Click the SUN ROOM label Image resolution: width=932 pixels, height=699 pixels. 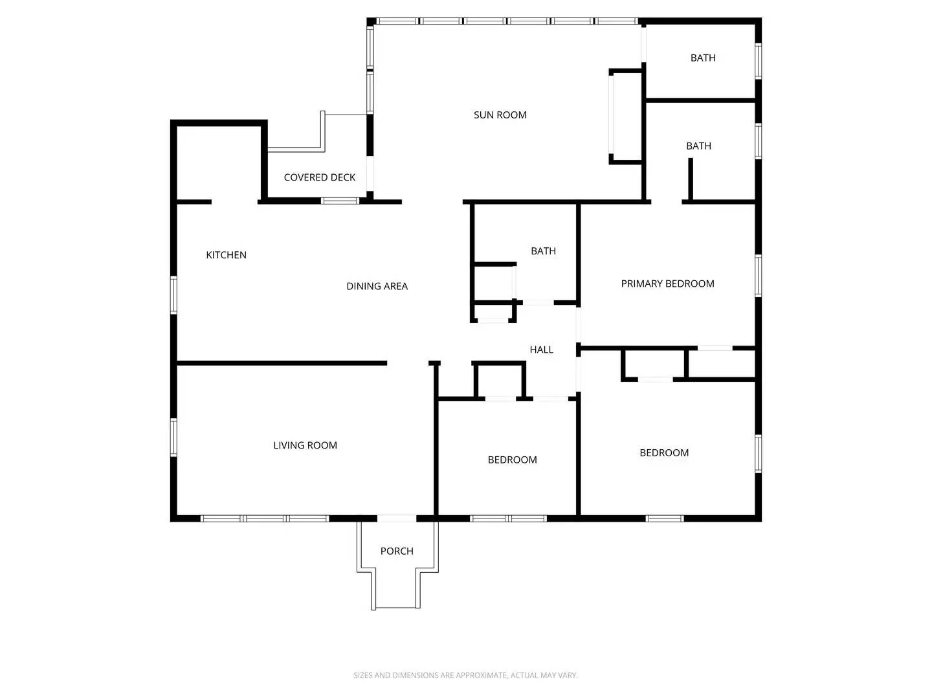tap(500, 115)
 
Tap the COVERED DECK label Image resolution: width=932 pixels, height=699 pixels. tap(319, 177)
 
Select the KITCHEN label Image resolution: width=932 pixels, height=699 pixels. tap(226, 255)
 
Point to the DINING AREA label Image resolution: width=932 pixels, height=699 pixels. tap(377, 286)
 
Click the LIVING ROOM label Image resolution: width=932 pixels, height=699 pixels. tap(305, 445)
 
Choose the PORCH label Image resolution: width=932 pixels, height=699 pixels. tap(397, 551)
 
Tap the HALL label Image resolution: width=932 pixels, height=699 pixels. tap(541, 349)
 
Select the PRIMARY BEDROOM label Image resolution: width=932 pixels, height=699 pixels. tap(667, 283)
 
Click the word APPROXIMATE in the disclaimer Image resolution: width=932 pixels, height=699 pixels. tap(480, 675)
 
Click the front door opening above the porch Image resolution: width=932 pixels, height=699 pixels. tap(397, 518)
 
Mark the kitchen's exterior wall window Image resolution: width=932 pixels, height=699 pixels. tap(173, 295)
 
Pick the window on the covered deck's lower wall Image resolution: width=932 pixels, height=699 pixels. tap(340, 201)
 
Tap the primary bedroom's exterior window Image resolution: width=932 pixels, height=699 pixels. tap(758, 276)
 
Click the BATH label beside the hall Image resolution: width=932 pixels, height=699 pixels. tap(543, 251)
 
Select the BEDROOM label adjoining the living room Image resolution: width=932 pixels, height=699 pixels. tap(512, 460)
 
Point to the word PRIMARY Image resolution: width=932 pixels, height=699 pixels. tap(642, 283)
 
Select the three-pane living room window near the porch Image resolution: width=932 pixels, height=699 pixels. tap(265, 518)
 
